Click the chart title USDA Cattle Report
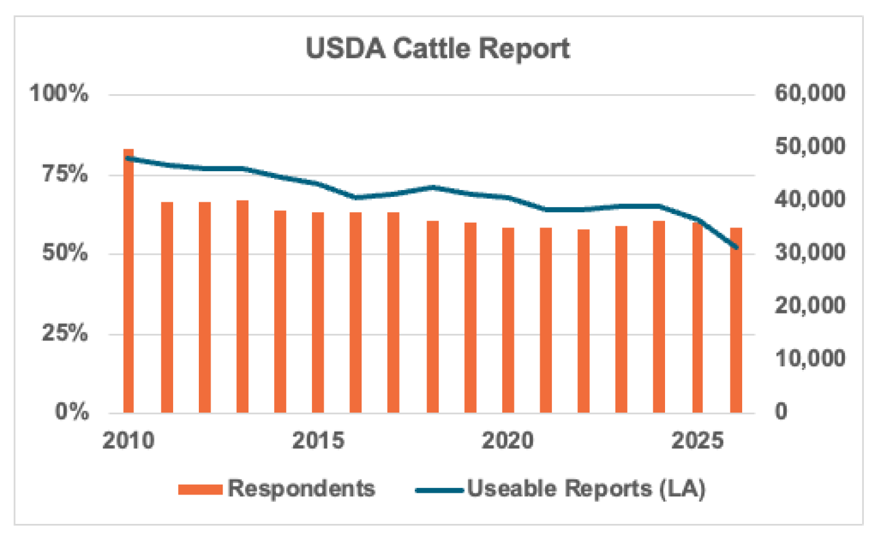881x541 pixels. click(437, 48)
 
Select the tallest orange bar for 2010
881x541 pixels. click(128, 281)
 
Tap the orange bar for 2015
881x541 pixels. click(318, 312)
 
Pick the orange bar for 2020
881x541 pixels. click(508, 320)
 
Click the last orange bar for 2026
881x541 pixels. click(736, 320)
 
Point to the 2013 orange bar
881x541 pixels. click(242, 306)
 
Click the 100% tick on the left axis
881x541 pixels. click(59, 94)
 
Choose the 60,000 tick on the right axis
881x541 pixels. click(809, 93)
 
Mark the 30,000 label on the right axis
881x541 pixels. click(809, 252)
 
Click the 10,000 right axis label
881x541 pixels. click(809, 358)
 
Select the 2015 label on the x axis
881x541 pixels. click(318, 440)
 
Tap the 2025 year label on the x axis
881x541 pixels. click(697, 440)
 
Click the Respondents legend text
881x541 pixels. click(301, 488)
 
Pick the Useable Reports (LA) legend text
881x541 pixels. click(586, 488)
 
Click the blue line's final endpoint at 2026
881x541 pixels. click(736, 248)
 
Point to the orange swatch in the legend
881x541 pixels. click(200, 489)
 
